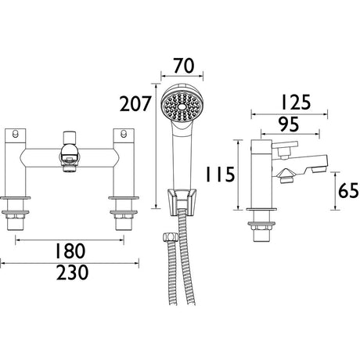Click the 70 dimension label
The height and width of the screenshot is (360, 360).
coord(184,66)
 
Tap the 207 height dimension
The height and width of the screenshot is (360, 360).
coord(135,103)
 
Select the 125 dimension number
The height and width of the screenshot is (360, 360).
coord(295,102)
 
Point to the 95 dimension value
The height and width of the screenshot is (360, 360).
coord(288,124)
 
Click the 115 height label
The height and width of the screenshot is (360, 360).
coord(221,174)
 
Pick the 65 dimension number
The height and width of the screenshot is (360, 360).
coord(349,190)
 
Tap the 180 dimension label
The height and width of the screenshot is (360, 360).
coord(70,250)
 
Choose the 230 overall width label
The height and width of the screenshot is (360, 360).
coord(73,272)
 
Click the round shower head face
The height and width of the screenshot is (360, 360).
coord(182,106)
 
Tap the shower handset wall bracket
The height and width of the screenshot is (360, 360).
coord(182,202)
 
